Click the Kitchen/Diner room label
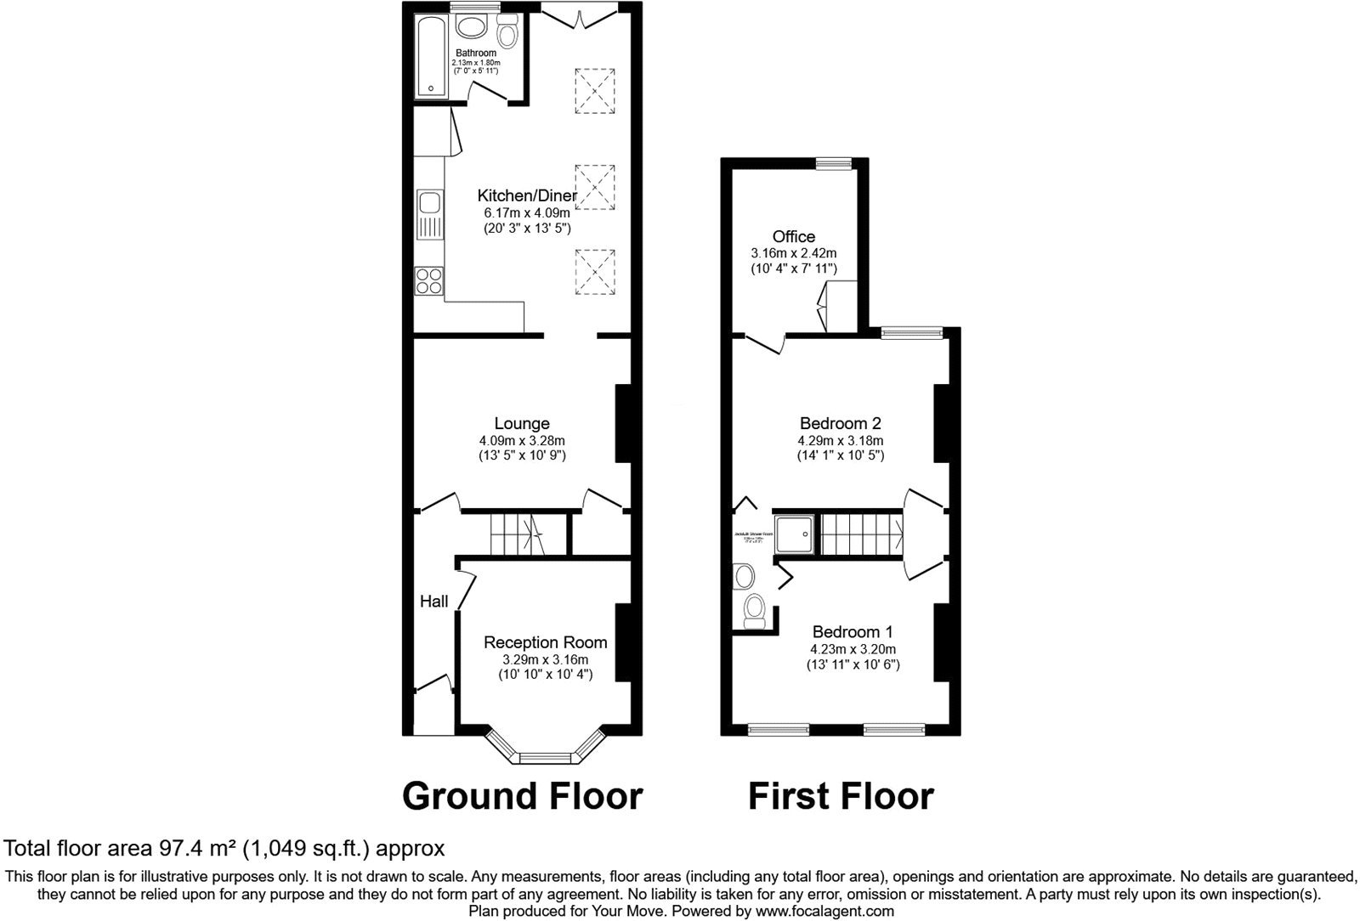coord(526,196)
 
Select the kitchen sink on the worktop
coord(428,203)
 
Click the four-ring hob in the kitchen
coord(428,280)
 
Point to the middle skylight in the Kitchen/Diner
coord(595,187)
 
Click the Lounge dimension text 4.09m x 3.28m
coord(521,441)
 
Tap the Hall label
coord(433,602)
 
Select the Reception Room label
coord(545,642)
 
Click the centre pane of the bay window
coord(546,756)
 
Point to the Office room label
coord(793,237)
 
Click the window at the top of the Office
coord(834,161)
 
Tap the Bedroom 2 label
coord(840,423)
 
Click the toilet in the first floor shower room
coord(754,610)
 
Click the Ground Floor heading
coord(522,796)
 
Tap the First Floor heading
coord(841,796)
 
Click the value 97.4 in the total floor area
coord(180,848)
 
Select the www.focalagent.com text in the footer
coord(824,911)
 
